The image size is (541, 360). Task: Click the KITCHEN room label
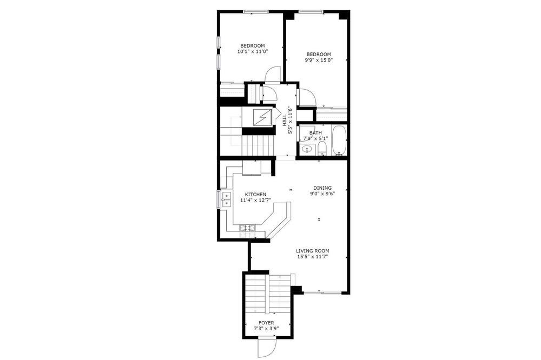[x=255, y=195]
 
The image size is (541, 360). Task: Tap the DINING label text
[x=322, y=188]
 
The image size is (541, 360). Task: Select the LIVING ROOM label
[x=312, y=251]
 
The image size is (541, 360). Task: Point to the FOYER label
[x=266, y=323]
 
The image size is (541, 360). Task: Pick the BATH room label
[x=315, y=133]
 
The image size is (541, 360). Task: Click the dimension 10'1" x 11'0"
[x=253, y=51]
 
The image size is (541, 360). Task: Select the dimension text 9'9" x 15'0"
[x=319, y=59]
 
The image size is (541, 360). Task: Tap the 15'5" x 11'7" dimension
[x=312, y=257]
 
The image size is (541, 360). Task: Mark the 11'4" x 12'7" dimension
[x=255, y=200]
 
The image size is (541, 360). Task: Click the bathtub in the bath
[x=339, y=141]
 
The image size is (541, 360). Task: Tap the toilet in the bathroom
[x=322, y=149]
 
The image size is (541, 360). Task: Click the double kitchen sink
[x=226, y=199]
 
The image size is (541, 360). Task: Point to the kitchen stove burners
[x=248, y=227]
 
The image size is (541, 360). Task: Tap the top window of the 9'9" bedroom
[x=311, y=12]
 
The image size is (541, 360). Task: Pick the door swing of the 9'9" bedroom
[x=307, y=97]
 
